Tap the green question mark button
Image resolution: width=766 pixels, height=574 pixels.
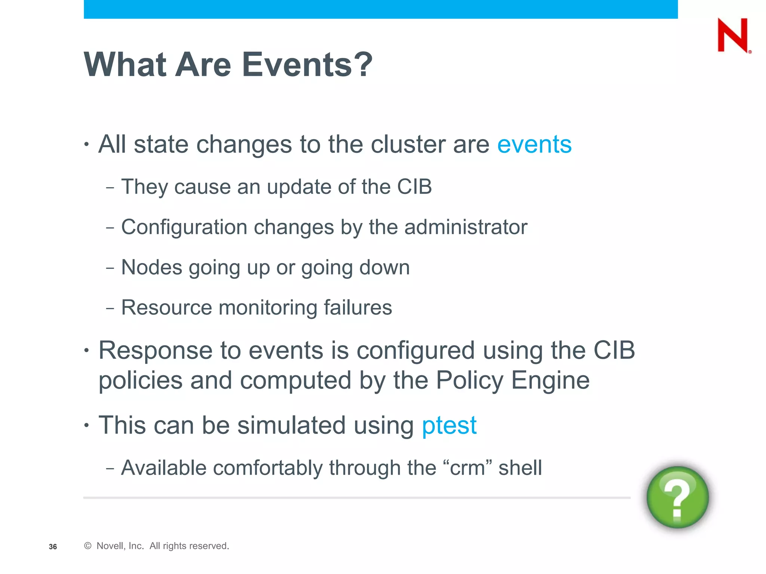[677, 497]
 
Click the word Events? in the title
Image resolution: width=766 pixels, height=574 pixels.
[307, 65]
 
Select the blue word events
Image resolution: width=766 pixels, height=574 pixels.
[534, 144]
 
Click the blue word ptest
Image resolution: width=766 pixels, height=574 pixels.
[449, 426]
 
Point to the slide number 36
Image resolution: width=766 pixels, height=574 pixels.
[53, 547]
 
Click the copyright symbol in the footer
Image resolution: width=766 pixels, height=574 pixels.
[88, 546]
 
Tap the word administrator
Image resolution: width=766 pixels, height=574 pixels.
[466, 227]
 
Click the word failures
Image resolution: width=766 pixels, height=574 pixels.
[358, 308]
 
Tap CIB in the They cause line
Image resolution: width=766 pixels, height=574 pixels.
[414, 187]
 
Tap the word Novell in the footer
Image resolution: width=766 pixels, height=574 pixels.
[109, 546]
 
